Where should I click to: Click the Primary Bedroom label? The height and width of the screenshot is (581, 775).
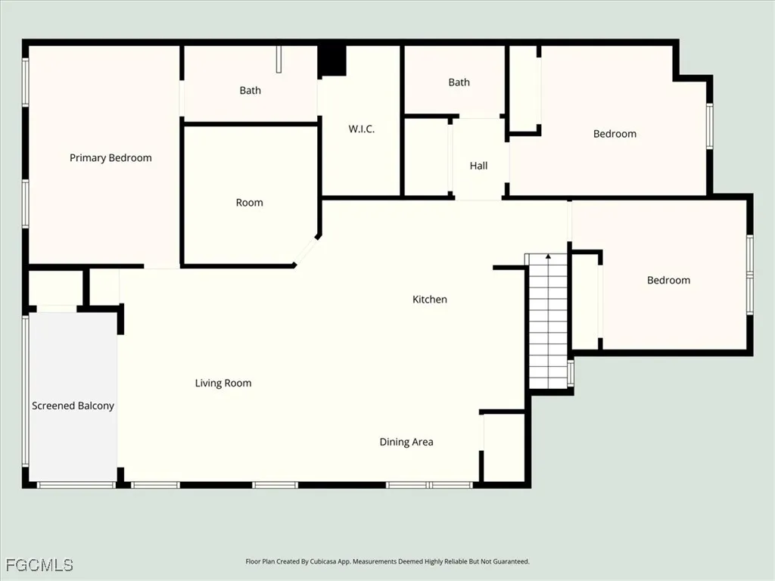(x=110, y=158)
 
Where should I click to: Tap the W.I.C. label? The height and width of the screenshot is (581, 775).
(x=362, y=129)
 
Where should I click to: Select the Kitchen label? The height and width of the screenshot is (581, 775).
(x=429, y=300)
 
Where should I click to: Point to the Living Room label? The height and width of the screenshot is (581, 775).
(x=223, y=384)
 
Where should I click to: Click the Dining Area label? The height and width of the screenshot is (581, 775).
(x=406, y=442)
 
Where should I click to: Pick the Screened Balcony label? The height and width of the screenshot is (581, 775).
(x=73, y=406)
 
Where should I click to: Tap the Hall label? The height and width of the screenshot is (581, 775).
(x=478, y=166)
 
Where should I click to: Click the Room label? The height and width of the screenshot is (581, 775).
(x=249, y=203)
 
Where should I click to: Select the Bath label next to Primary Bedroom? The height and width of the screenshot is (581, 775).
(x=250, y=91)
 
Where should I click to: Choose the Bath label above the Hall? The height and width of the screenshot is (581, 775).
(x=459, y=82)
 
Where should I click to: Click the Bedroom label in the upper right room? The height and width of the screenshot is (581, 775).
(x=615, y=134)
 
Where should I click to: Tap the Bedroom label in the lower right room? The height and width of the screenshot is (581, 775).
(x=668, y=281)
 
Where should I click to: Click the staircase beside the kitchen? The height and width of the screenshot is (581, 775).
(x=547, y=325)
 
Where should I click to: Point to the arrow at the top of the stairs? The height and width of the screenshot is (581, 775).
(x=547, y=259)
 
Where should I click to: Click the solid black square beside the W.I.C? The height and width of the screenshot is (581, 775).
(x=331, y=61)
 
